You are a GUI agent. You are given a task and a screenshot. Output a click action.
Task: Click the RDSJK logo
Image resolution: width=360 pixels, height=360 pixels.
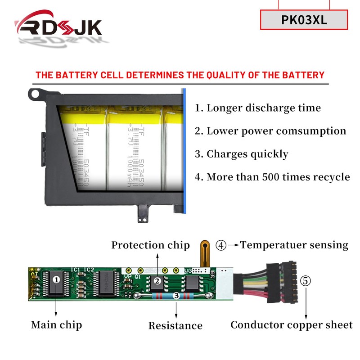pyautogui.click(x=58, y=28)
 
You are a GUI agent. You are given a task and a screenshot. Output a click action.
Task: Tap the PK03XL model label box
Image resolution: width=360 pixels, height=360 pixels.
pyautogui.click(x=304, y=20)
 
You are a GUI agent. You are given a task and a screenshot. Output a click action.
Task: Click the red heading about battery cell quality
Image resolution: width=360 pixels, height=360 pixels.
pyautogui.click(x=180, y=75)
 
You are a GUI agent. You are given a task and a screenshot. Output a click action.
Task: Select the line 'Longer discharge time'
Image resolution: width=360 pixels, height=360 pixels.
pyautogui.click(x=258, y=108)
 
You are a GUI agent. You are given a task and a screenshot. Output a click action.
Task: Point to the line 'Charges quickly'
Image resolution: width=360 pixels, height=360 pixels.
pyautogui.click(x=241, y=154)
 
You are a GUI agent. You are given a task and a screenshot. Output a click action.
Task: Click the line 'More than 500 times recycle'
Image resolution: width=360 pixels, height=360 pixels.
pyautogui.click(x=272, y=177)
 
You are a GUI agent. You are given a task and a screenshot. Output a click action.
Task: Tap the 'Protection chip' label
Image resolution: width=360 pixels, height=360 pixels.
pyautogui.click(x=151, y=245)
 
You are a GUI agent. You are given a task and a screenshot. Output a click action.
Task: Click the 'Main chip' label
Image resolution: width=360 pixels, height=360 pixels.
pyautogui.click(x=57, y=324)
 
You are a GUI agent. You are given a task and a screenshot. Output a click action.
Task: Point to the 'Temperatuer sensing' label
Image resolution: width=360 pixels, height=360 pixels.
pyautogui.click(x=294, y=245)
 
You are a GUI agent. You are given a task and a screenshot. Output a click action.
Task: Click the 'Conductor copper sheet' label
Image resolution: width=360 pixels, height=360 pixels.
pyautogui.click(x=292, y=325)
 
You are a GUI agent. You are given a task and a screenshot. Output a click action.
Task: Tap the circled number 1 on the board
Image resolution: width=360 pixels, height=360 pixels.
pyautogui.click(x=56, y=279)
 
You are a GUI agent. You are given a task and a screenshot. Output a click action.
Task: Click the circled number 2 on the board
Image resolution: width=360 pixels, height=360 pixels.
pyautogui.click(x=157, y=281)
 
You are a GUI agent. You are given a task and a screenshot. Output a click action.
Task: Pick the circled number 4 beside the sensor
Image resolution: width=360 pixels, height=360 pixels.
pyautogui.click(x=221, y=245)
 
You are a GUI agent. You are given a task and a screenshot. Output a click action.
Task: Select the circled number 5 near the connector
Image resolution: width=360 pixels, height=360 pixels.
pyautogui.click(x=306, y=281)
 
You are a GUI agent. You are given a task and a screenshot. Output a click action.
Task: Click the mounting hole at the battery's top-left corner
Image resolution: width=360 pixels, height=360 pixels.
pyautogui.click(x=34, y=94)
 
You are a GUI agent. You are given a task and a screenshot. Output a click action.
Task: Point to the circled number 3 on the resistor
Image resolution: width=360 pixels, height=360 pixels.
pyautogui.click(x=176, y=296)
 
